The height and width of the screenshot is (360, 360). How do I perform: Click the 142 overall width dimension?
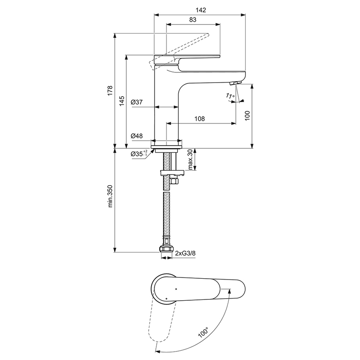[201, 11]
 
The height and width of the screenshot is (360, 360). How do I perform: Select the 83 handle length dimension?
[193, 19]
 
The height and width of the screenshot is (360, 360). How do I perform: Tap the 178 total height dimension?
[110, 90]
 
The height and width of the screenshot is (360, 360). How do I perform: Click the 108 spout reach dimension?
[200, 119]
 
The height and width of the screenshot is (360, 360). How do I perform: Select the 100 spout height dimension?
[248, 115]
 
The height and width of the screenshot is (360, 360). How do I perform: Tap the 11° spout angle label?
[230, 97]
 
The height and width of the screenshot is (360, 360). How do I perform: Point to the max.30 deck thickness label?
[190, 160]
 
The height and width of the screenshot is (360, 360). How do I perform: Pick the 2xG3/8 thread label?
[185, 253]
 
